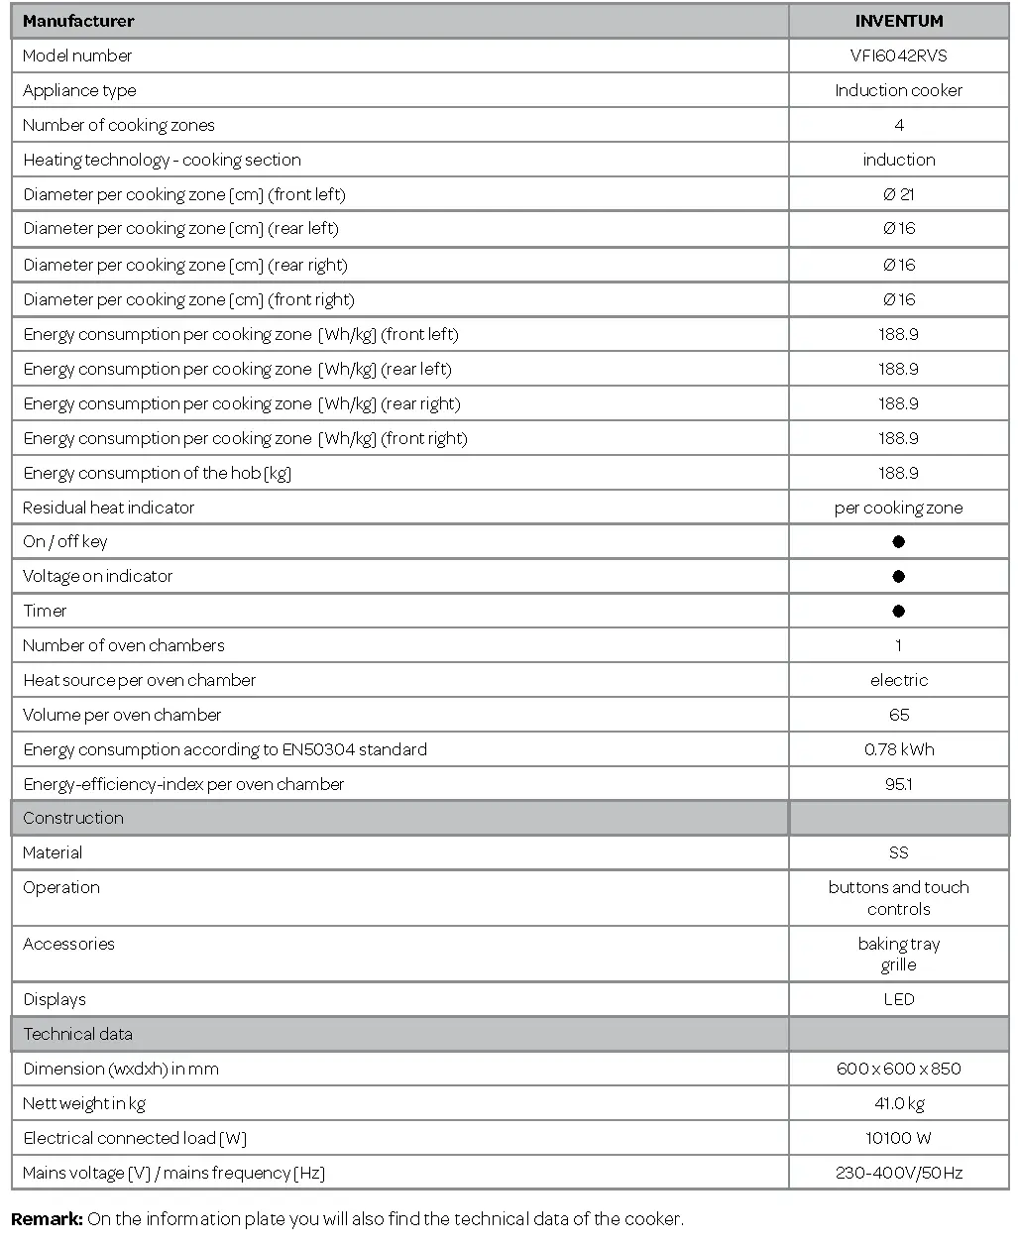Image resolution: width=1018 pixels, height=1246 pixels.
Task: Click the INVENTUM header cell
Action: tap(898, 21)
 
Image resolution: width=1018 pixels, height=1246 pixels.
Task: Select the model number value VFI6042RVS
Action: tap(898, 56)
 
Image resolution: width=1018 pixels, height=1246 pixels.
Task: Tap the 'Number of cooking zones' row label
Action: tap(119, 125)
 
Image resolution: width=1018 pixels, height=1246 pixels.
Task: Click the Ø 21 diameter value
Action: tap(898, 194)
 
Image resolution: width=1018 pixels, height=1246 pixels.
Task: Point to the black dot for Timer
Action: tap(898, 611)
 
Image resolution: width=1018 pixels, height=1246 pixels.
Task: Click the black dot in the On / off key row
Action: tap(898, 541)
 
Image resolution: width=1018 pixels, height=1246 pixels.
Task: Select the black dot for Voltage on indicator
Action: tap(898, 576)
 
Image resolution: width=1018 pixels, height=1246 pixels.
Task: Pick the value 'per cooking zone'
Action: tap(898, 508)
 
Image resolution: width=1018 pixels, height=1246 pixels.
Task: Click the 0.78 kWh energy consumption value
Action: tap(898, 749)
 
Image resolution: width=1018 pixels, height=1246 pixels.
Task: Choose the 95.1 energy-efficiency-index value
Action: tap(898, 784)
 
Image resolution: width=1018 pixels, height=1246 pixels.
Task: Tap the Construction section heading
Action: tap(73, 818)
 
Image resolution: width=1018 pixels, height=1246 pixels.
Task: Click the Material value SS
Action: tap(898, 852)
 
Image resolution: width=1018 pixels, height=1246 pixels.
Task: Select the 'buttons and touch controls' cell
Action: tap(898, 898)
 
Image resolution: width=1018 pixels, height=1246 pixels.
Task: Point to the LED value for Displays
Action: tap(898, 999)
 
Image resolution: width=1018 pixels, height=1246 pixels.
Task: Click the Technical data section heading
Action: tap(77, 1034)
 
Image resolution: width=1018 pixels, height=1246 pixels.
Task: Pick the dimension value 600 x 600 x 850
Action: tap(898, 1069)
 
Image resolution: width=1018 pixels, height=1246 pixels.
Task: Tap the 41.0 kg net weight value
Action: tap(898, 1103)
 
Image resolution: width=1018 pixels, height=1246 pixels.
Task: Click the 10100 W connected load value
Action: tap(898, 1138)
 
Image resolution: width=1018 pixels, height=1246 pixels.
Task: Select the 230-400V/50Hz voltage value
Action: tap(898, 1173)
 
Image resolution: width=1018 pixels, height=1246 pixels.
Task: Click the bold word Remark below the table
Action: tap(47, 1218)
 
